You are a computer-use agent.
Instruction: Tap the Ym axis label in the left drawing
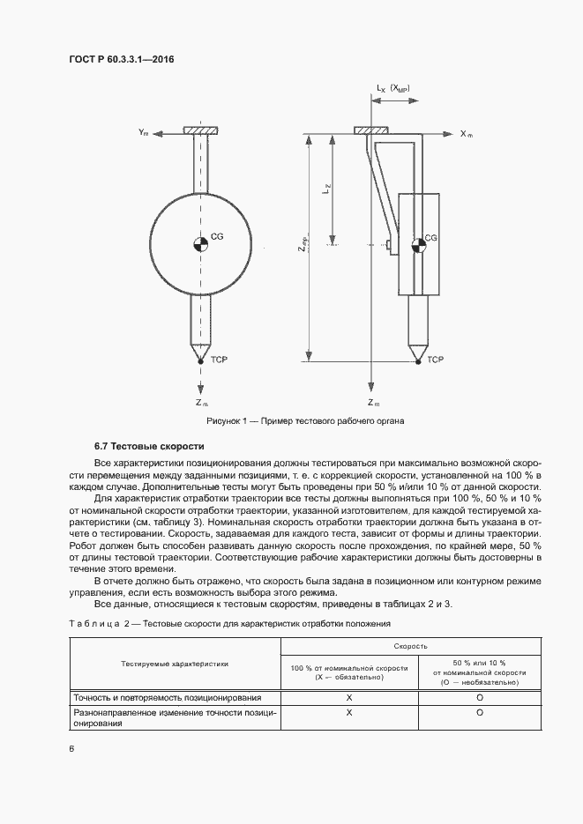143,132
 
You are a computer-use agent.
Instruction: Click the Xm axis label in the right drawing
467,134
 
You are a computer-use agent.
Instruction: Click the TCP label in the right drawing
435,360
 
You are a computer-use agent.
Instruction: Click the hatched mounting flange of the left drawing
201,132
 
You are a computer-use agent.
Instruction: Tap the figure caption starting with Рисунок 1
292,421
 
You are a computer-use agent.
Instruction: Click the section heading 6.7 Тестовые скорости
149,447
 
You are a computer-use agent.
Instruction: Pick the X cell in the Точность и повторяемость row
349,697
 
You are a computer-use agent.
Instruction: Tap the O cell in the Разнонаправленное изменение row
478,712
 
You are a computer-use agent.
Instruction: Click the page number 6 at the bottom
71,749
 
